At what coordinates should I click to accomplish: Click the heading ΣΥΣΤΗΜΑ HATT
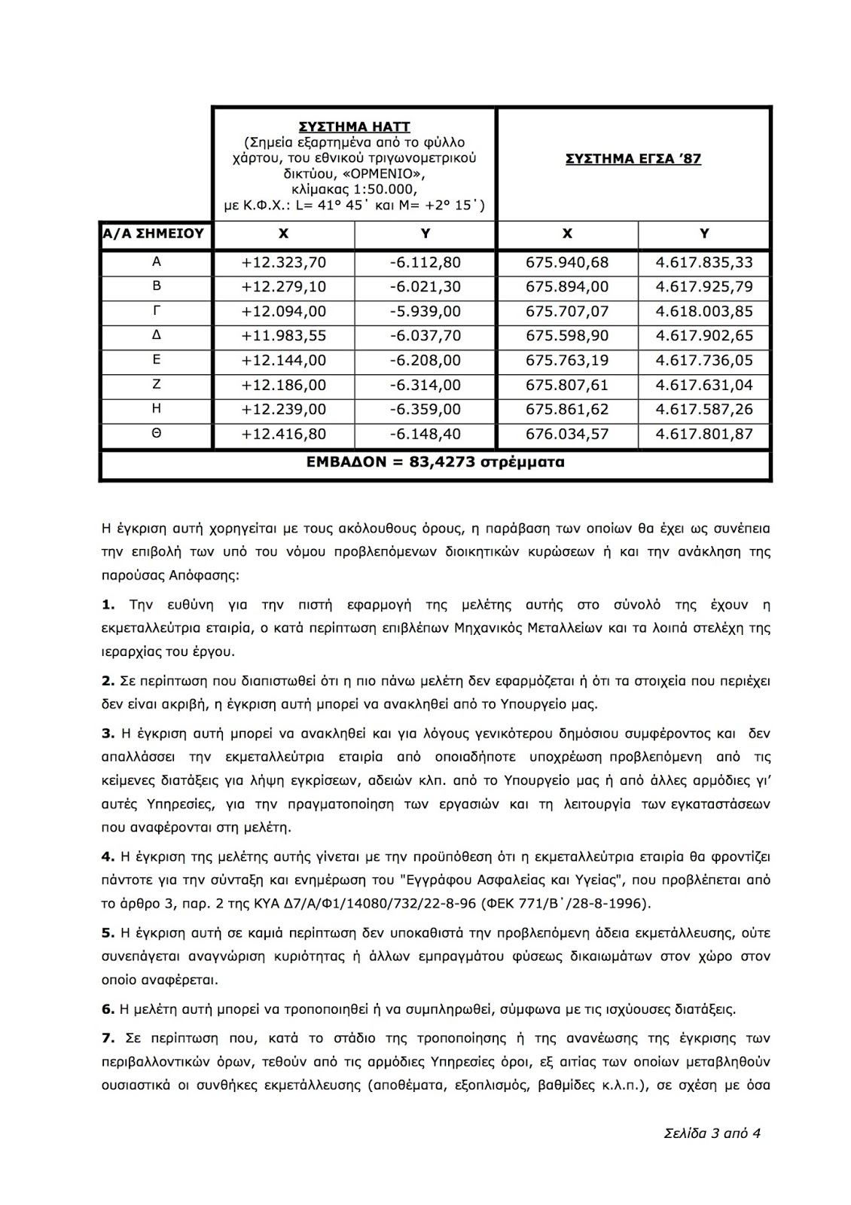tap(354, 127)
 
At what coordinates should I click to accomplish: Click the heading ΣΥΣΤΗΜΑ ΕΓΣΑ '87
tap(633, 159)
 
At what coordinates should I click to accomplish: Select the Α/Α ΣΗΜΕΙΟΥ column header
tap(154, 233)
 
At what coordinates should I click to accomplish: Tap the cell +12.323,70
tap(284, 263)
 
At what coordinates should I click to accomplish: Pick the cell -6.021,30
tap(425, 287)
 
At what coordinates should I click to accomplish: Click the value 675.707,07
tap(567, 312)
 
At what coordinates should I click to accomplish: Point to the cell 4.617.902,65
tap(704, 336)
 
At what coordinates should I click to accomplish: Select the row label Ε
tap(157, 361)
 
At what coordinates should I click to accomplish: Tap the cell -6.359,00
tap(425, 410)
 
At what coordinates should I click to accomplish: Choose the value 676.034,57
tap(567, 435)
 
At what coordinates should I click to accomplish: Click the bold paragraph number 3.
tap(107, 734)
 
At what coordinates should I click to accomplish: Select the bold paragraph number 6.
tap(107, 1008)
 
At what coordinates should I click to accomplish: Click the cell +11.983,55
tap(284, 336)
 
